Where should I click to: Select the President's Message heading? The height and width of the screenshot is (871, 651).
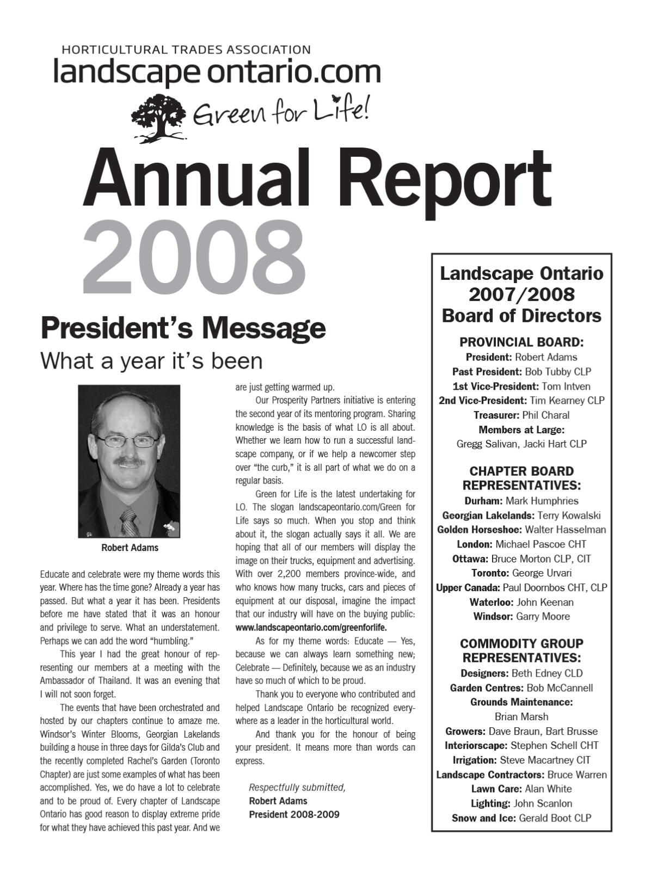click(x=183, y=328)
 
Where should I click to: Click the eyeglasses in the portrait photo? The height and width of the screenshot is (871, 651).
click(x=128, y=441)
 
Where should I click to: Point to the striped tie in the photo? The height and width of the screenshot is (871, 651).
click(x=129, y=521)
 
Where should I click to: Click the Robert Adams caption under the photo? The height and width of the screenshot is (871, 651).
click(x=130, y=548)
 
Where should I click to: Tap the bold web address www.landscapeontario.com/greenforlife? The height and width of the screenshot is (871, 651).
click(x=311, y=628)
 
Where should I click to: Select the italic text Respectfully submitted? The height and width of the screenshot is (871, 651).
click(x=297, y=787)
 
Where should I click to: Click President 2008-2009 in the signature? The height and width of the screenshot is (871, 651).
click(x=294, y=814)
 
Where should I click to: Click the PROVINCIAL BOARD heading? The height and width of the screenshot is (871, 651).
click(x=521, y=342)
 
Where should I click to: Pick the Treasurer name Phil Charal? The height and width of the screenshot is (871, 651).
click(x=545, y=415)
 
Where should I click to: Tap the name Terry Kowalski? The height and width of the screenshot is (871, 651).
click(x=561, y=515)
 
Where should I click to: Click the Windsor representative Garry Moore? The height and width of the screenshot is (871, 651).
click(x=543, y=616)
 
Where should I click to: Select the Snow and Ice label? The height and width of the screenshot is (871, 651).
click(x=483, y=818)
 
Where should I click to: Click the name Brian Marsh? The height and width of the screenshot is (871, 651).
click(x=521, y=716)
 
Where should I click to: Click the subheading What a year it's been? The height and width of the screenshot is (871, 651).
click(x=151, y=360)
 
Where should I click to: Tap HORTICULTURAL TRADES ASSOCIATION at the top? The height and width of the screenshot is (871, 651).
click(x=186, y=50)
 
